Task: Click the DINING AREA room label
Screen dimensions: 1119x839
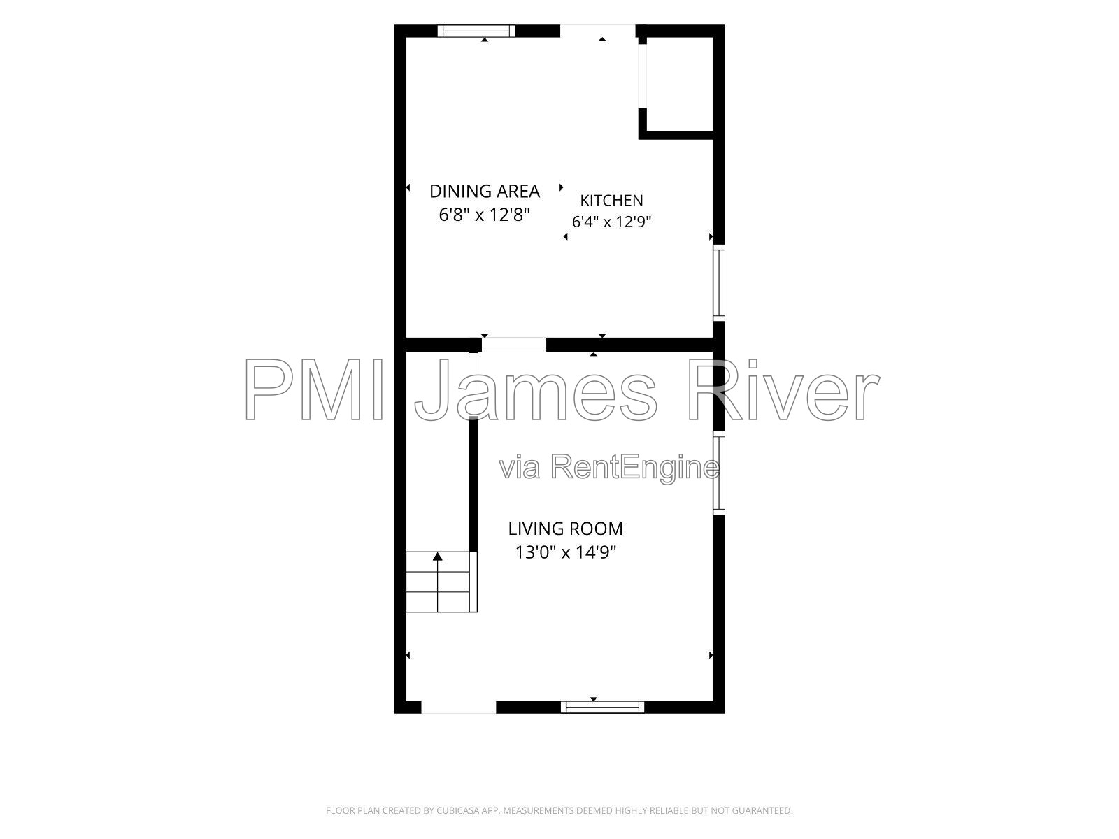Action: point(484,191)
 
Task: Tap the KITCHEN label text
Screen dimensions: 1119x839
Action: point(611,200)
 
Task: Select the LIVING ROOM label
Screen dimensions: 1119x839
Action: point(565,529)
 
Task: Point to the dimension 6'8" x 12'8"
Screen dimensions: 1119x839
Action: point(484,215)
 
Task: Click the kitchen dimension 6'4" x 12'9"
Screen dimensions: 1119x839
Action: point(611,222)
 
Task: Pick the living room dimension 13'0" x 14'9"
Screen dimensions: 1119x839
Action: point(565,552)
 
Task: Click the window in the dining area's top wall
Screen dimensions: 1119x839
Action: point(476,31)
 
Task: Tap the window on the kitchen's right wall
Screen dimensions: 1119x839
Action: point(718,282)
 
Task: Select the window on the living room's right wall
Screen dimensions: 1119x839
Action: point(718,473)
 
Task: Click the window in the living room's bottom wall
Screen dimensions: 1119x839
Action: point(603,707)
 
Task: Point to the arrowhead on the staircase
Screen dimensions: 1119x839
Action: point(437,557)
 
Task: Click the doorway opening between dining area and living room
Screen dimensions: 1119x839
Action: point(514,345)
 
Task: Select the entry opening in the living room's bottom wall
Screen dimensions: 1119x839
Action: point(458,707)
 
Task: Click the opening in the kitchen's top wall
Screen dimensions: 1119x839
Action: point(597,31)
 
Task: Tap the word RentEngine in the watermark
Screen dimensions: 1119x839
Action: point(635,468)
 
